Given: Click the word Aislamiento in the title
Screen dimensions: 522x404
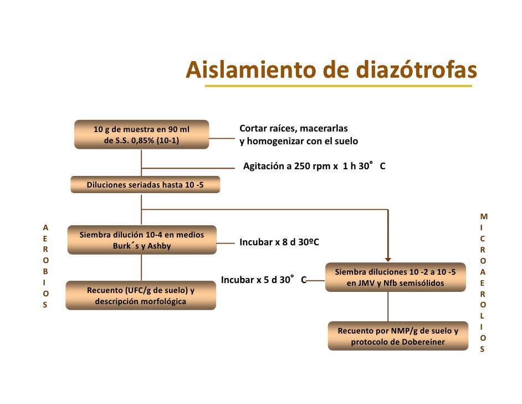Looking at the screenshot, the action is [x=236, y=70].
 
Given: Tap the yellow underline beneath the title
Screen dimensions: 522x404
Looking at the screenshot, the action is [x=338, y=87].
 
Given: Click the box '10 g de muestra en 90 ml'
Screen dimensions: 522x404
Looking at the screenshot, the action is [x=142, y=135].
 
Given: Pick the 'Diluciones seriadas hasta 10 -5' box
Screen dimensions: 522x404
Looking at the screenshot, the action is [x=145, y=184].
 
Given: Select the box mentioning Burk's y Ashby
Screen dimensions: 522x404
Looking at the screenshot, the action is [x=142, y=240].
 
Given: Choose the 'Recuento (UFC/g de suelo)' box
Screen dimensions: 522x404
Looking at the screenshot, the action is [x=141, y=296].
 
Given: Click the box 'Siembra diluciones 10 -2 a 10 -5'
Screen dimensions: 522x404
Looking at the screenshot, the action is [x=396, y=277].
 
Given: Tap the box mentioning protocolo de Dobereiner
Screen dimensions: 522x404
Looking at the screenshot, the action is [x=397, y=336].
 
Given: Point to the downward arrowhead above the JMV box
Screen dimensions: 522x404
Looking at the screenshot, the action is [x=388, y=257].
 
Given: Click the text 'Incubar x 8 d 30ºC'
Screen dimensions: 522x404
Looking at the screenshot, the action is [x=279, y=243].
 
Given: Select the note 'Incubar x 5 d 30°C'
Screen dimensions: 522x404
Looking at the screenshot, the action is [x=263, y=280].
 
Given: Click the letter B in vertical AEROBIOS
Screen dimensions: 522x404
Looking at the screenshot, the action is [x=45, y=271].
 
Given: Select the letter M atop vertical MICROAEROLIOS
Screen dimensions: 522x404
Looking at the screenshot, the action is [x=484, y=217].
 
